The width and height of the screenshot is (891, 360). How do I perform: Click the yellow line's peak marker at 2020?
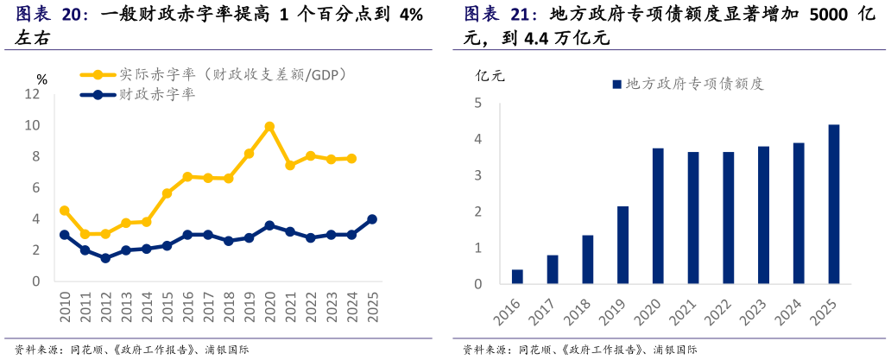[269, 126]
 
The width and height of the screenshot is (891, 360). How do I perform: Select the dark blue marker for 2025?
[372, 219]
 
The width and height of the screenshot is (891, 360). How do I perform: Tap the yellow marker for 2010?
[65, 211]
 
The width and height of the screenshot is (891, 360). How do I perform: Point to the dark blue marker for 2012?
[105, 258]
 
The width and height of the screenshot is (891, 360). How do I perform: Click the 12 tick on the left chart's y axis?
[33, 94]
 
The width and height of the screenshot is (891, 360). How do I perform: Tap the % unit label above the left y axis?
[41, 79]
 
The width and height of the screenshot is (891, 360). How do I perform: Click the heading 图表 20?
[52, 15]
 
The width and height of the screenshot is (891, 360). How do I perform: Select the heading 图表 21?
[500, 15]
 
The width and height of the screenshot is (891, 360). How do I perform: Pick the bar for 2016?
[517, 276]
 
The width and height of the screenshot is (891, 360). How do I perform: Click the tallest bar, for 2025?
[833, 204]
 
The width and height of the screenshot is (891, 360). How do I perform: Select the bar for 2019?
[622, 245]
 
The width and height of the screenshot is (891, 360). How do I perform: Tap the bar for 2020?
[658, 216]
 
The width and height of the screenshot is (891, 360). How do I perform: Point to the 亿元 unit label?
[490, 75]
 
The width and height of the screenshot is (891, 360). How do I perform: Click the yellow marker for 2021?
[290, 165]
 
